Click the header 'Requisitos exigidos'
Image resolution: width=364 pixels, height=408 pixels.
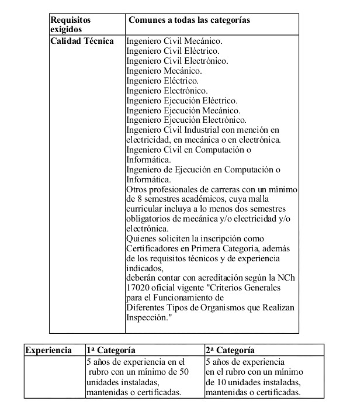click(71, 24)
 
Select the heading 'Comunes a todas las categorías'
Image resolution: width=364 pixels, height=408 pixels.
click(189, 20)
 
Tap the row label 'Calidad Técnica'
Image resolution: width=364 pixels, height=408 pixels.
click(82, 42)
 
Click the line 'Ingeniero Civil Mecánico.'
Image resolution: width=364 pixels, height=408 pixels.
click(175, 42)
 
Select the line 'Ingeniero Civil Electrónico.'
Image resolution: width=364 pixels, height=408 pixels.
click(177, 61)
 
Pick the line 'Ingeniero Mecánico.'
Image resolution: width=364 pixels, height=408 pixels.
click(163, 71)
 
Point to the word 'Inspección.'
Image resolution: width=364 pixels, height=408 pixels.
click(148, 317)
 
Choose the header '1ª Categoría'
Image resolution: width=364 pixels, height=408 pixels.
click(112, 350)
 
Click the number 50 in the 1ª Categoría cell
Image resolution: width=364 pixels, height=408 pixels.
click(183, 372)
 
